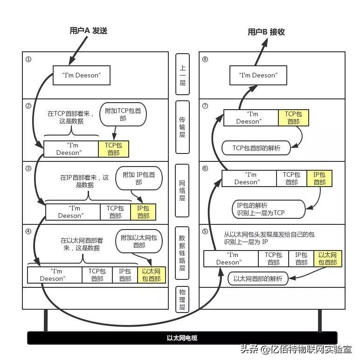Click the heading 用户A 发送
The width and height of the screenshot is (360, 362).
[x=89, y=31]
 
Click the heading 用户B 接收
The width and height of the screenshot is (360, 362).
[x=266, y=32]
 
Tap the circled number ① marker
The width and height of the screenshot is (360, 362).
[x=28, y=59]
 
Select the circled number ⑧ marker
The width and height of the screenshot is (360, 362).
[x=205, y=59]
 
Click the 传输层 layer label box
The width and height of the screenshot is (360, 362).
[x=182, y=127]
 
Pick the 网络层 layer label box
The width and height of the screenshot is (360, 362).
[x=182, y=191]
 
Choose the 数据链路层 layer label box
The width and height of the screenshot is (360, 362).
[x=182, y=253]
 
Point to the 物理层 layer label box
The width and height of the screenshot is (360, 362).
[x=182, y=299]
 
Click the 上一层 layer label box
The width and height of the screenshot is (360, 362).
[x=182, y=75]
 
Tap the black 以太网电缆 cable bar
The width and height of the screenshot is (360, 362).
[x=182, y=338]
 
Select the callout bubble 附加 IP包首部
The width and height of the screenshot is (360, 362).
[x=138, y=178]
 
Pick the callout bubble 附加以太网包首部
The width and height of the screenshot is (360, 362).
[x=139, y=241]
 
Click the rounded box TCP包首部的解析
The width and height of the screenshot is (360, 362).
[x=256, y=148]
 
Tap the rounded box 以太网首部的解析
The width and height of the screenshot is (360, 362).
[x=258, y=279]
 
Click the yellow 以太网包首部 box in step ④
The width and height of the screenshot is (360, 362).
[x=151, y=275]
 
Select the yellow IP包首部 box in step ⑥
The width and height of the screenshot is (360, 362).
[x=319, y=179]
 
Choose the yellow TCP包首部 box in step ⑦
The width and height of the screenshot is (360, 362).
[x=293, y=118]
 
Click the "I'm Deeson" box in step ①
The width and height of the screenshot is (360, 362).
[x=81, y=75]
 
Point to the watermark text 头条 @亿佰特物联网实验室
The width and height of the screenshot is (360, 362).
[x=296, y=349]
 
